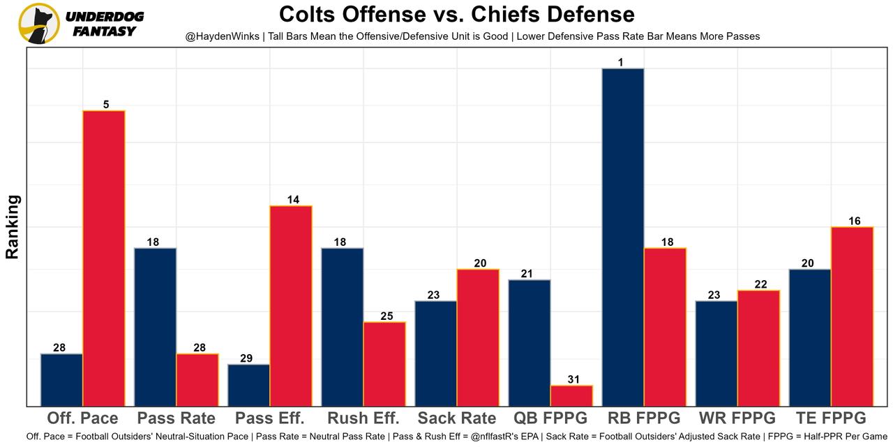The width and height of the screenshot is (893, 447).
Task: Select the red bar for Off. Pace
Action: click(x=104, y=258)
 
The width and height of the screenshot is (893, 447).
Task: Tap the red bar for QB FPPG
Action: click(x=571, y=395)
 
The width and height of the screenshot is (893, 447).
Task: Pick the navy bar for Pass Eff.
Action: click(x=249, y=385)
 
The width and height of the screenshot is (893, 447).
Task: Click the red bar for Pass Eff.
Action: click(x=291, y=306)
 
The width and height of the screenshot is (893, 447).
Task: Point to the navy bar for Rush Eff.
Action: click(x=342, y=327)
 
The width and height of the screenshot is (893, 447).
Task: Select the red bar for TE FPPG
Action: click(x=852, y=316)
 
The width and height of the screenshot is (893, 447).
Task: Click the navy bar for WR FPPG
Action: click(x=716, y=353)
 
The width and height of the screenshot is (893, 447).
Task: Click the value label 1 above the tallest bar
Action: click(x=620, y=62)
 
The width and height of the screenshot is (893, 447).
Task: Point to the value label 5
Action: click(x=106, y=105)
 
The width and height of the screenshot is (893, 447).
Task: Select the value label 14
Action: click(x=293, y=200)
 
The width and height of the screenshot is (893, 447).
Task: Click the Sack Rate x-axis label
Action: click(x=457, y=418)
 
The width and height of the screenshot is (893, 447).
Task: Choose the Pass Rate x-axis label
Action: click(x=177, y=418)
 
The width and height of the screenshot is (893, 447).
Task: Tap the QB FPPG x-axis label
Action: click(x=550, y=418)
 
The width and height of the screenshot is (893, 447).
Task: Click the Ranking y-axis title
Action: click(x=13, y=227)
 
